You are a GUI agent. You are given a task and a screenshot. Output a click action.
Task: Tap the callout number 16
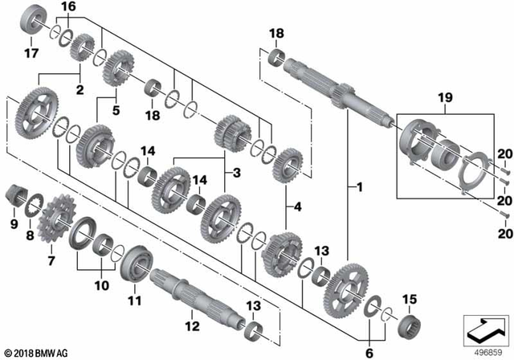[69, 6]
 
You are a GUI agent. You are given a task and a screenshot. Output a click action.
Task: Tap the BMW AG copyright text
[38, 351]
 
